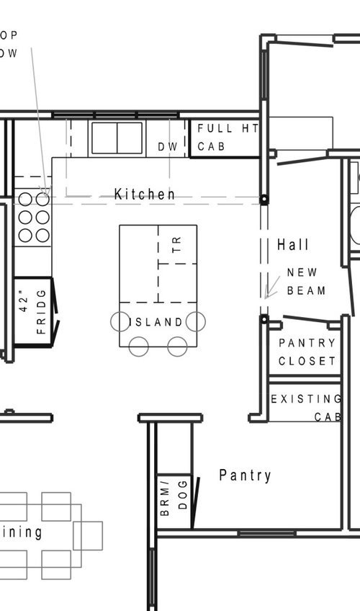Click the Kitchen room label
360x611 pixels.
(144, 195)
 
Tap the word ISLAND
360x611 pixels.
(158, 322)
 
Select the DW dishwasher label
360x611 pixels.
(167, 147)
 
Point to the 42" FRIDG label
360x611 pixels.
(31, 312)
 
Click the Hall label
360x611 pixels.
(293, 245)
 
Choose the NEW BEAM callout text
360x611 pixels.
(306, 282)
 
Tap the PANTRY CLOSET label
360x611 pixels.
(307, 352)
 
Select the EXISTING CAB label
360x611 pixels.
(305, 407)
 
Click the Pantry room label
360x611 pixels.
(245, 476)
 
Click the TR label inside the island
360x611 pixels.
(178, 245)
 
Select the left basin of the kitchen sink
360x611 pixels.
(104, 138)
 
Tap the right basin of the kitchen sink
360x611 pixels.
(130, 138)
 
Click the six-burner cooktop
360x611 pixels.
(33, 216)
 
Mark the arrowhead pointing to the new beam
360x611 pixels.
(266, 295)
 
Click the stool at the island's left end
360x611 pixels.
(120, 321)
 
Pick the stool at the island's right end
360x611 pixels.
(196, 321)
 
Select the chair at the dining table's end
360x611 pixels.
(88, 535)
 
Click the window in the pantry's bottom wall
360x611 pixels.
(266, 533)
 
